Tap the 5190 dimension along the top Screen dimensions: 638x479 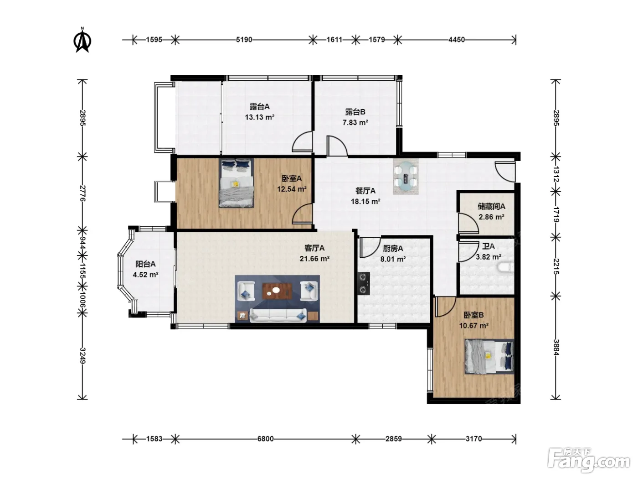point(244,40)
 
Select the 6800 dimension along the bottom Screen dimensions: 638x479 point(265,438)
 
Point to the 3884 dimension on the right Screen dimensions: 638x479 point(556,347)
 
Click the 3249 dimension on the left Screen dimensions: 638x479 point(82,355)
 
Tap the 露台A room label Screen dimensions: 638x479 point(260,107)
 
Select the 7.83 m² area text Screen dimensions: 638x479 point(355,122)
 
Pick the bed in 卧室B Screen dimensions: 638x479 point(489,356)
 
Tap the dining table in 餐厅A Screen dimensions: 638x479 point(406,176)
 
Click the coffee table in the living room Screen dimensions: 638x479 point(278,291)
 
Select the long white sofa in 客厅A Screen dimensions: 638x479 point(278,315)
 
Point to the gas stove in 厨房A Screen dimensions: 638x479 point(363,284)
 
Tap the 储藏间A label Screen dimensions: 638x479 point(491,206)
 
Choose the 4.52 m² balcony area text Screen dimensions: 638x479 point(145,275)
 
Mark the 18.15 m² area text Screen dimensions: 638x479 point(365,201)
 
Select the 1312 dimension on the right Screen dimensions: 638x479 point(556,174)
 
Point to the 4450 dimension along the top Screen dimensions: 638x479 point(456,40)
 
